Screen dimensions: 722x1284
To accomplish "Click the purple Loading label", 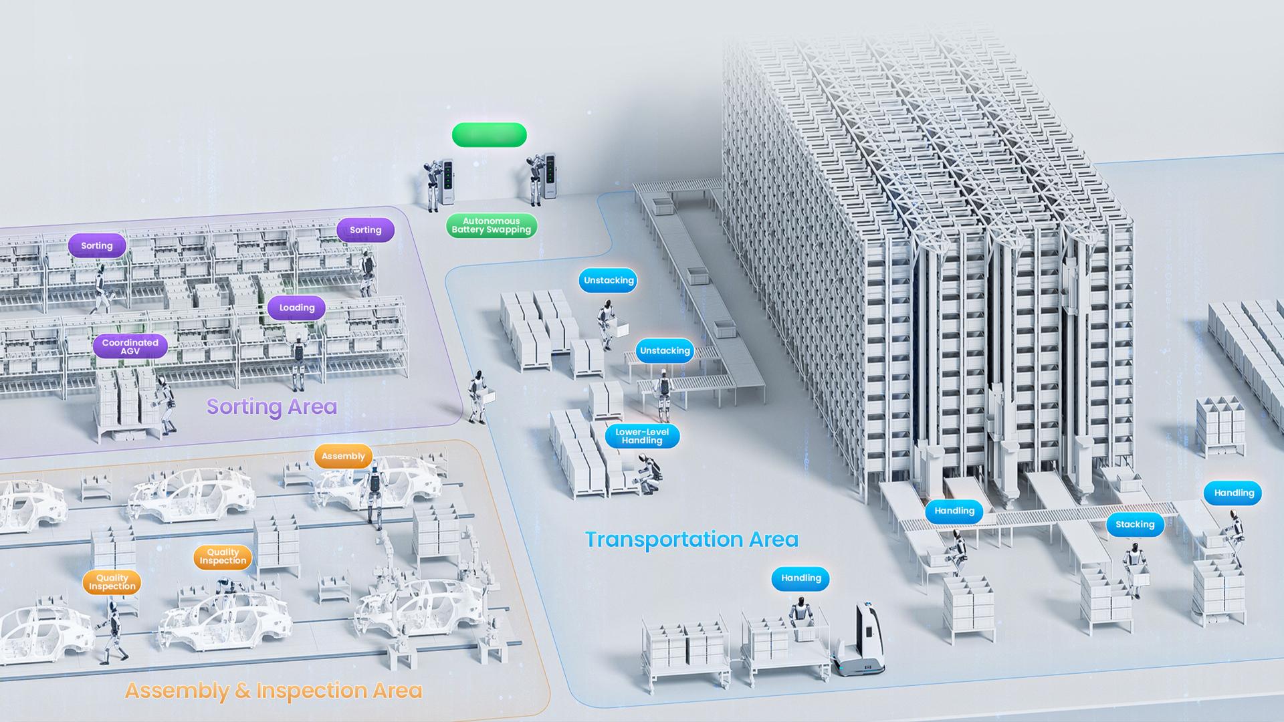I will coord(296,308).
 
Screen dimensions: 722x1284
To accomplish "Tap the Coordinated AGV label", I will coord(130,346).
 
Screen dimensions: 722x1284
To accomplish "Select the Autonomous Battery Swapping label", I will coord(492,225).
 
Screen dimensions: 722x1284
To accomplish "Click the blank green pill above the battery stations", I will coord(490,135).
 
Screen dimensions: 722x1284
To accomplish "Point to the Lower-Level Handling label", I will coord(642,436).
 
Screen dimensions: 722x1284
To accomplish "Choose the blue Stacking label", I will coord(1135,524).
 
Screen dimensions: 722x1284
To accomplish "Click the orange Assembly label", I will coord(343,456).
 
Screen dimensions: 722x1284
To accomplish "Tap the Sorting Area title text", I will coord(272,406).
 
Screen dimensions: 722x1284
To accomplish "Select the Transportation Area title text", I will coord(691,539).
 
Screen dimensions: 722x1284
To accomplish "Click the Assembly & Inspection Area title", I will coord(274,690).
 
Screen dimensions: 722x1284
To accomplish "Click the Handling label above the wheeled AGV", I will coord(800,578).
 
